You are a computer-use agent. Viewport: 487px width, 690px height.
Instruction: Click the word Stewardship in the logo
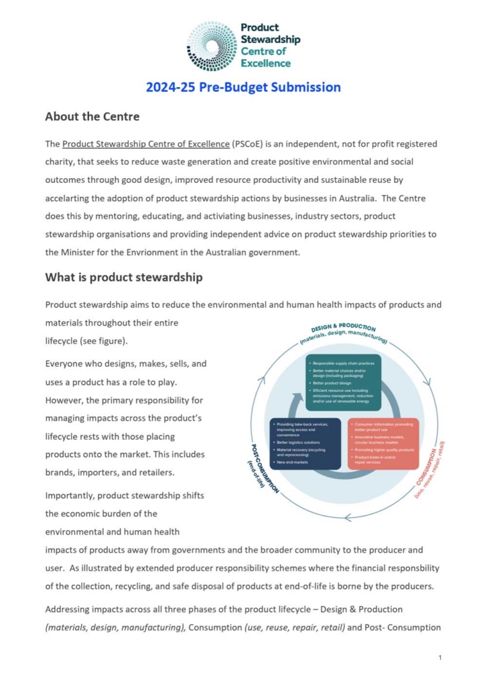270,39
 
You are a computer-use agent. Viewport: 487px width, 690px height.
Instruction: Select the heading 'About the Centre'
92,117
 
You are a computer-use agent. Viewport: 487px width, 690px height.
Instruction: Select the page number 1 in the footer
439,657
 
